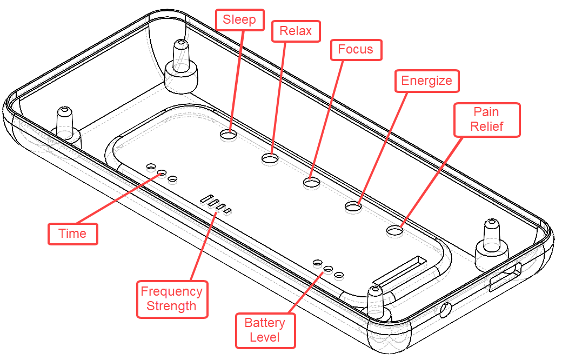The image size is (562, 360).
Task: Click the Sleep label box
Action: (240, 19)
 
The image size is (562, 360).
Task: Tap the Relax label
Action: (296, 31)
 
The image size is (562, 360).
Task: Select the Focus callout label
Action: (356, 50)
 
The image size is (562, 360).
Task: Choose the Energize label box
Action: (426, 81)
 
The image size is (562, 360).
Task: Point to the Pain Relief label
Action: (486, 119)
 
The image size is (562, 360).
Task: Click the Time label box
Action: (72, 234)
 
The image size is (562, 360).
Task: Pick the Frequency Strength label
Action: (171, 298)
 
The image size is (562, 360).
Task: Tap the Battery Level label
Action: (265, 330)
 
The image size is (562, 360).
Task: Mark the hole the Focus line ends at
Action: (311, 183)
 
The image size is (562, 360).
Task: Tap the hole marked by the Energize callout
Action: (353, 206)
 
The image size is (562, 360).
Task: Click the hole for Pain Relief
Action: (395, 231)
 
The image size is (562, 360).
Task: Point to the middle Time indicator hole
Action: (162, 173)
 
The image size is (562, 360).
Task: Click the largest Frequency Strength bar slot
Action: (206, 198)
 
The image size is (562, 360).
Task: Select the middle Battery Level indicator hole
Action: (328, 268)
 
